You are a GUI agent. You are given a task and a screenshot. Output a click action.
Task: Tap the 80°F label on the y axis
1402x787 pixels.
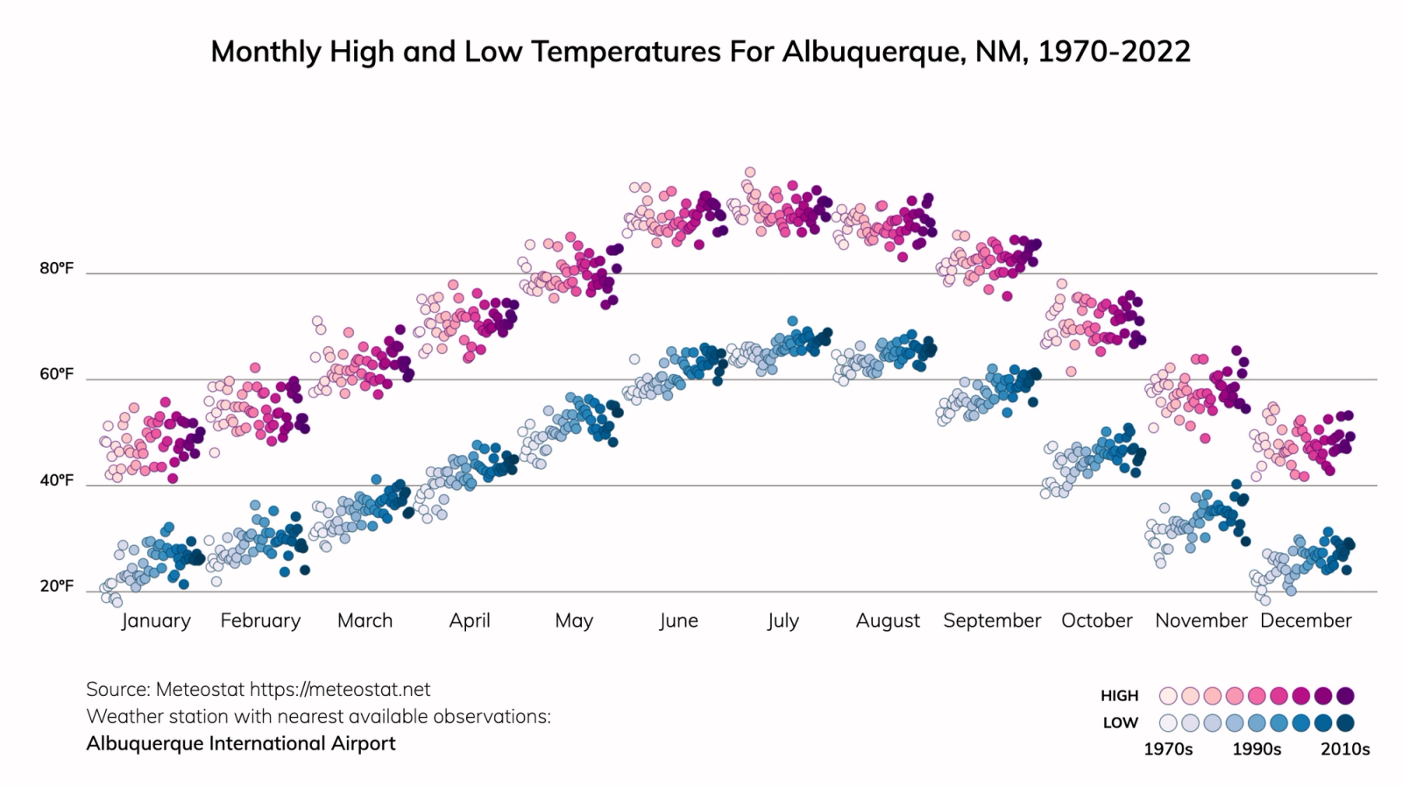(56, 269)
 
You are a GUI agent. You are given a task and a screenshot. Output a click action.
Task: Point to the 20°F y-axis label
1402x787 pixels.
(56, 586)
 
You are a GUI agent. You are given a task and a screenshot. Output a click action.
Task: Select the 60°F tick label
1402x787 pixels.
(56, 375)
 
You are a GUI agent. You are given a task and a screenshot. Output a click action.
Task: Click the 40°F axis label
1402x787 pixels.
(56, 481)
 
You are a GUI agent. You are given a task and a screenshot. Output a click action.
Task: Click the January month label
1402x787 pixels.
(156, 620)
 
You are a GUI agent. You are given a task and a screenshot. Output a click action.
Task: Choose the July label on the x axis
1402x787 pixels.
(782, 620)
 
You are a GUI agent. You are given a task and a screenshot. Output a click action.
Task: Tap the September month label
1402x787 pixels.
(992, 620)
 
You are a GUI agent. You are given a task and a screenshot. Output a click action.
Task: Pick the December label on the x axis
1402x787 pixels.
(1306, 620)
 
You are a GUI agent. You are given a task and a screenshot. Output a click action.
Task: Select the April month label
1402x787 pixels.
(470, 620)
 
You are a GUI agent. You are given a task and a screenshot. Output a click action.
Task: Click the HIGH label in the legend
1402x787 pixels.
(1119, 696)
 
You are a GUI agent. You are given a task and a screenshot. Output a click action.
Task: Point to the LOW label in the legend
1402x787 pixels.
(1120, 723)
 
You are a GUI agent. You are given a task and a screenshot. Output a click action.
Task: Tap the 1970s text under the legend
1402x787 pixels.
(1168, 749)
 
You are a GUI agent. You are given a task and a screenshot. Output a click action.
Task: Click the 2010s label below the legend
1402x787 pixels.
(1345, 749)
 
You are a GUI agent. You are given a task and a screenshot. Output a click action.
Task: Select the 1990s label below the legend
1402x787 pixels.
(1257, 749)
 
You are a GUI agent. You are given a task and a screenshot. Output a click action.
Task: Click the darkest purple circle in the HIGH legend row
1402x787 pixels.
(1346, 696)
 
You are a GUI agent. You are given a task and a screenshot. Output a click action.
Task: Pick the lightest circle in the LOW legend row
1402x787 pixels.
(1168, 723)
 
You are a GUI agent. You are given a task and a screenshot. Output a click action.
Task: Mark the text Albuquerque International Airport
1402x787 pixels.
(241, 744)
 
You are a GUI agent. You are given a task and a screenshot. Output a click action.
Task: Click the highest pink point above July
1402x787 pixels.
(749, 173)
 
